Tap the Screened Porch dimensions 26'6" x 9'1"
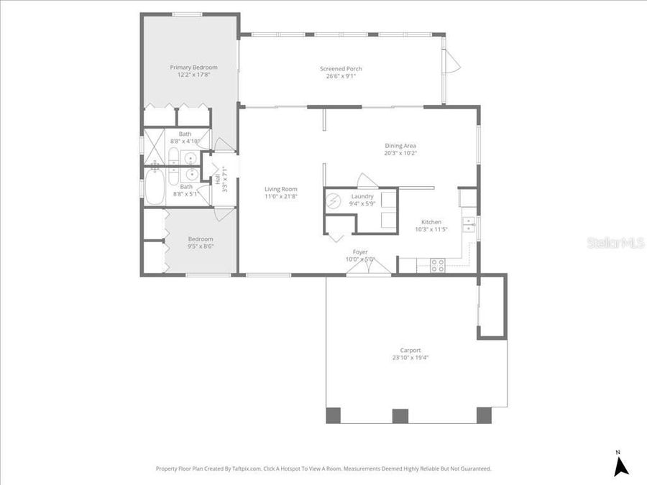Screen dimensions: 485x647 [341, 76]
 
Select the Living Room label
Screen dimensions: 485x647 [280, 189]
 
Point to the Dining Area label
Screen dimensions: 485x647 [400, 146]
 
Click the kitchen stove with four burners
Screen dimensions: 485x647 [437, 264]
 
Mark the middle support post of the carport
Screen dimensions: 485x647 [400, 415]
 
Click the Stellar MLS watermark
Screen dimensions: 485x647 [615, 243]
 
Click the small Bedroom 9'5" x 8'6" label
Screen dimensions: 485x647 [201, 243]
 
